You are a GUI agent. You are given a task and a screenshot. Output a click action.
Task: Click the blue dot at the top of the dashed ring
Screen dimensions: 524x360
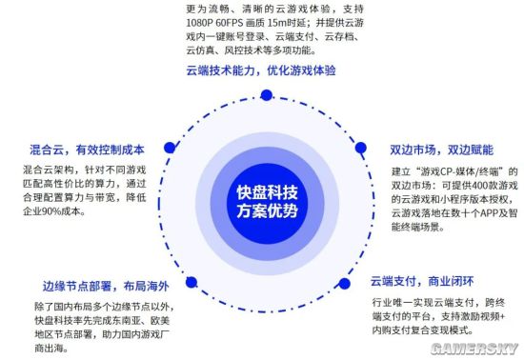(267, 91)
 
